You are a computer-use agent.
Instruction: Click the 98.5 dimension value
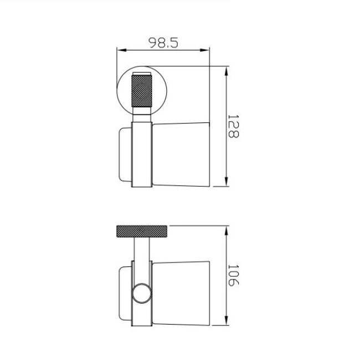point(163,43)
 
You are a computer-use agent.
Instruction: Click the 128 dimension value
point(233,126)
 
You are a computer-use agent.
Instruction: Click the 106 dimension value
point(233,275)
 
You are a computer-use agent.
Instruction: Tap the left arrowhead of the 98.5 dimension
point(122,50)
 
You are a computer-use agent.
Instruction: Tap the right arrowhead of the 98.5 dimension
point(204,50)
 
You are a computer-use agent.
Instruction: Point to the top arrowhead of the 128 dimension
point(227,71)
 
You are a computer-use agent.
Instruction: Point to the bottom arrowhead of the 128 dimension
point(227,182)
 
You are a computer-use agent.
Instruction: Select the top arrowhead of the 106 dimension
point(227,230)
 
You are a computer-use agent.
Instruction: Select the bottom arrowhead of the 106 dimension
point(227,320)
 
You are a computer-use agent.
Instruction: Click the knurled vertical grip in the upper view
point(141,91)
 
